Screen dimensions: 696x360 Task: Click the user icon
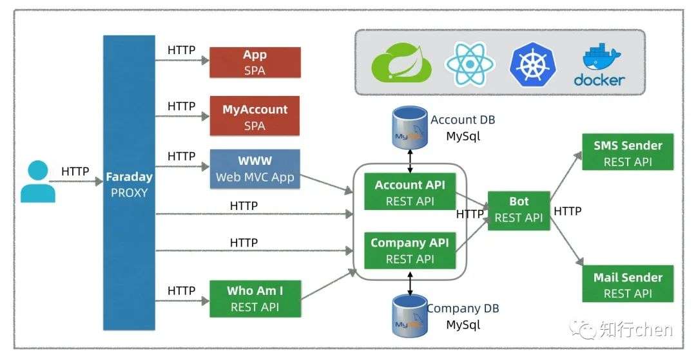tap(38, 182)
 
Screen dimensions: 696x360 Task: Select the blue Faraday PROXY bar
tap(129, 183)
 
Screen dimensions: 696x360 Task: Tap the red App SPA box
tap(255, 62)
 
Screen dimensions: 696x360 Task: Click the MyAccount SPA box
tap(255, 116)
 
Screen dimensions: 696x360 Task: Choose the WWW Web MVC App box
tap(255, 169)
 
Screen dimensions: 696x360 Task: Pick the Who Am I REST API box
tap(255, 299)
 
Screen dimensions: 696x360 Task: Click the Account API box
tap(410, 191)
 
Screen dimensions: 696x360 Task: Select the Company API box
tap(410, 251)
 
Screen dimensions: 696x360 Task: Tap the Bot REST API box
tap(519, 211)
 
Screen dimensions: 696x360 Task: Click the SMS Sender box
tap(628, 152)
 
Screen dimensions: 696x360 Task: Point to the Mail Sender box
tap(628, 284)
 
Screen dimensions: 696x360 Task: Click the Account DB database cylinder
tap(410, 127)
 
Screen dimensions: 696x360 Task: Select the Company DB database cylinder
tap(410, 316)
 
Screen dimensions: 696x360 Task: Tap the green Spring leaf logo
tap(401, 63)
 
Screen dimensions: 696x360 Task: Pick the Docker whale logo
tap(599, 65)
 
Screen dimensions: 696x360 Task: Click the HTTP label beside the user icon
tap(75, 171)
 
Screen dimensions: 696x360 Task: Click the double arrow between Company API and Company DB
tap(410, 284)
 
